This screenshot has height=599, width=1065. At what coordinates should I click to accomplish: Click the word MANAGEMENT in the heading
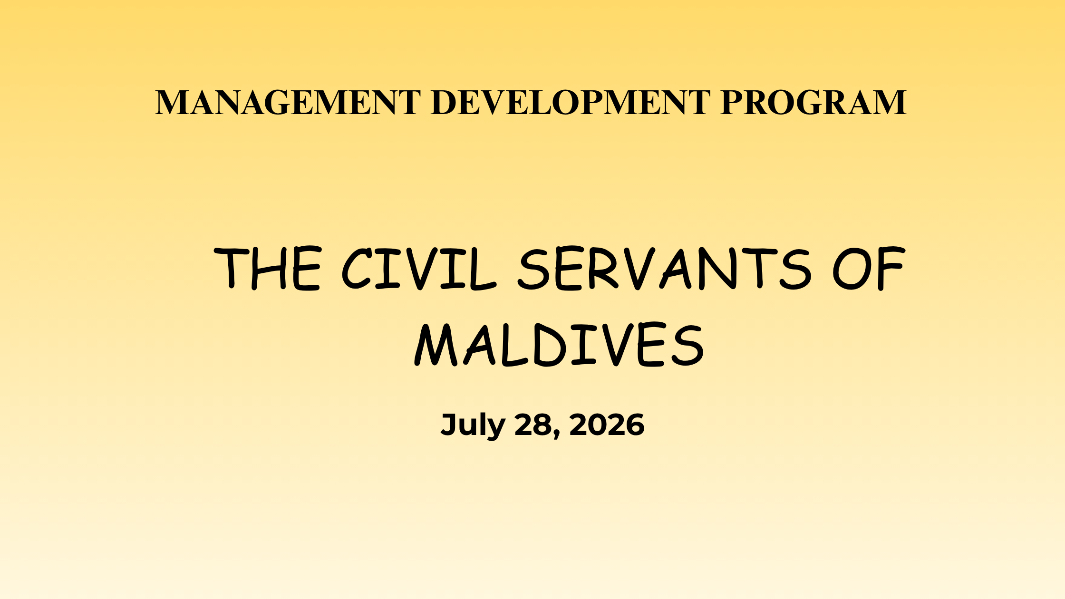coord(288,102)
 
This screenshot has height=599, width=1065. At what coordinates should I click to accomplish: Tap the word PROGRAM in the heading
coord(813,102)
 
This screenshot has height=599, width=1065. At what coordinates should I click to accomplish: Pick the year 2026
coord(607,425)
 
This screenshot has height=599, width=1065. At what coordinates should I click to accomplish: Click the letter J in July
coord(449,425)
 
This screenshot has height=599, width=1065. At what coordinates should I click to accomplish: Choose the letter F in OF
coord(891,269)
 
